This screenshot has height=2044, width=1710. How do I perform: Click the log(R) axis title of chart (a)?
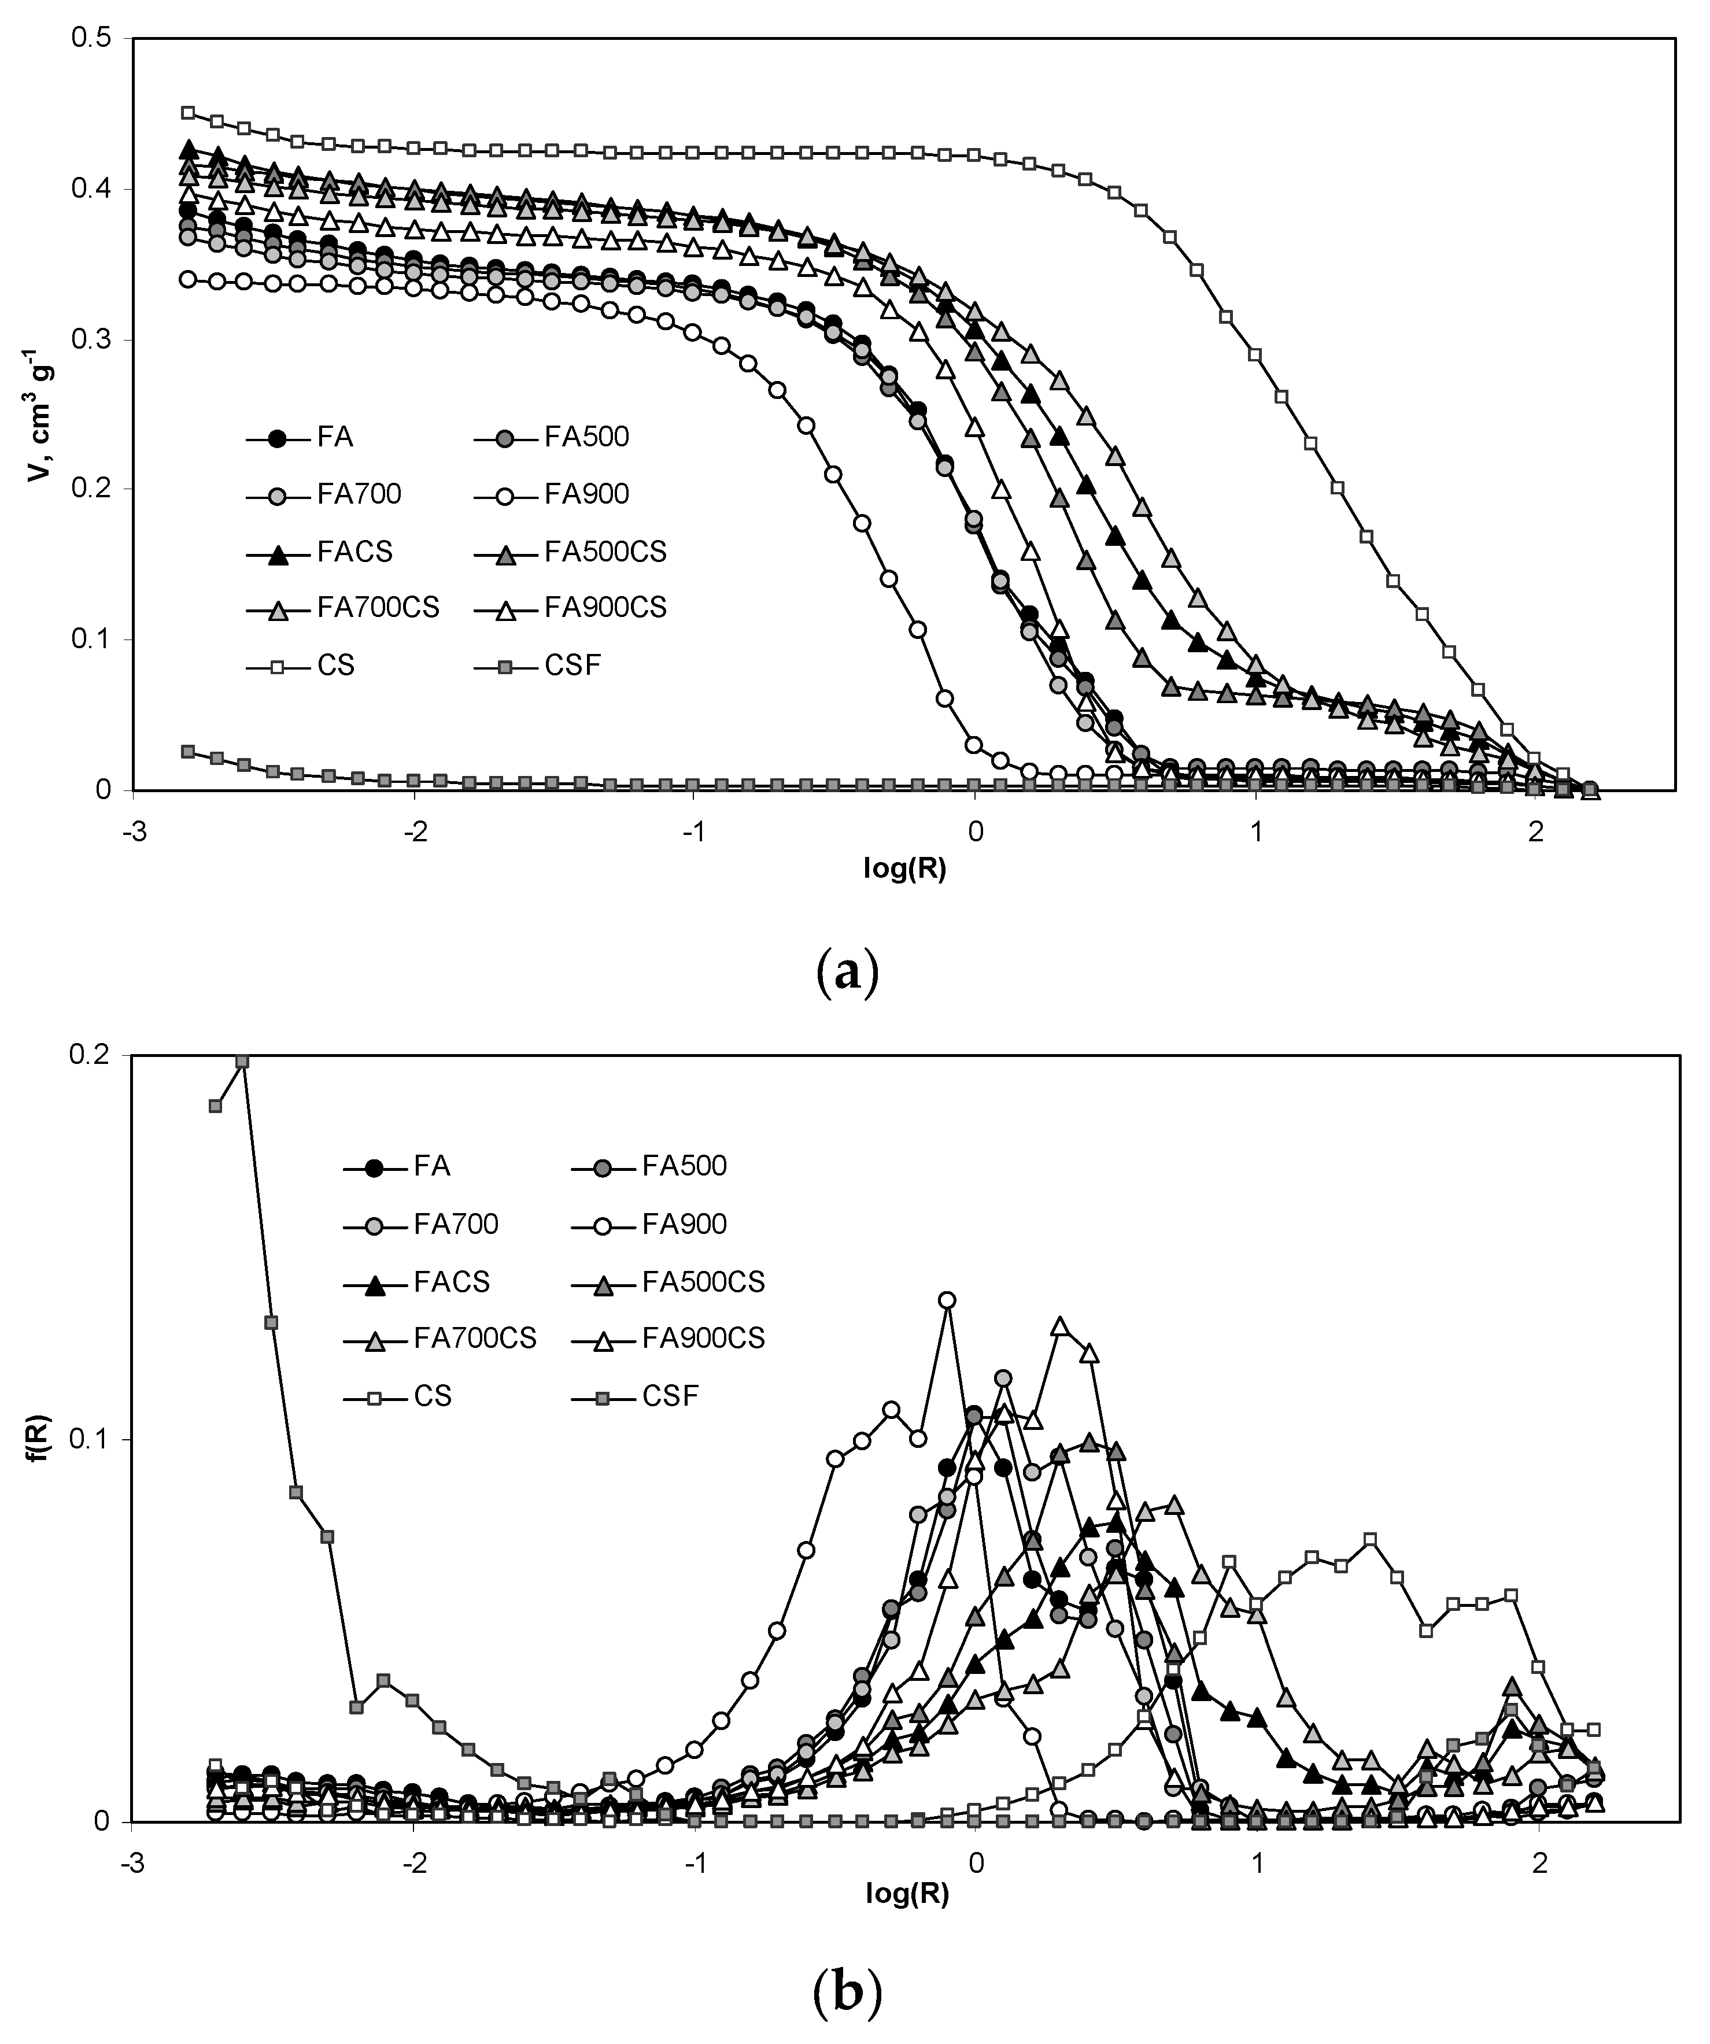coord(904,869)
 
